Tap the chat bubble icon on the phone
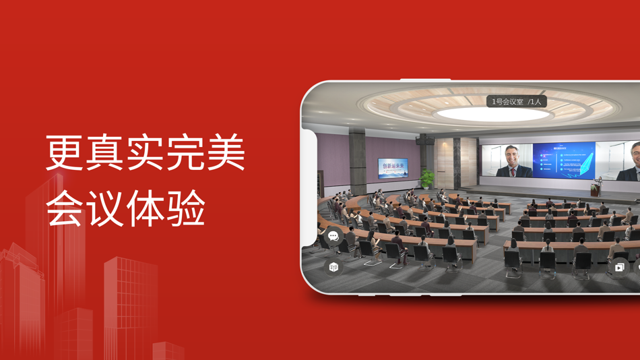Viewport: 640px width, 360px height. (x=333, y=236)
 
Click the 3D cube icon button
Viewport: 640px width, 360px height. (x=333, y=267)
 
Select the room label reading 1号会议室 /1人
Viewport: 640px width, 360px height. (x=516, y=102)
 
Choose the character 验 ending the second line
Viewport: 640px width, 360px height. (x=186, y=208)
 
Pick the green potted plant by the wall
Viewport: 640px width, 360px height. (x=427, y=179)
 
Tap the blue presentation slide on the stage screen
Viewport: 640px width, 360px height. (x=564, y=161)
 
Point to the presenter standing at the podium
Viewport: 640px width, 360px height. (x=596, y=185)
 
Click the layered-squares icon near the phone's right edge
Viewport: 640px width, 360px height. (x=619, y=268)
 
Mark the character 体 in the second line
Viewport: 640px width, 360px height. (x=146, y=208)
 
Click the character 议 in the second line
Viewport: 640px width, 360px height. (x=105, y=208)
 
